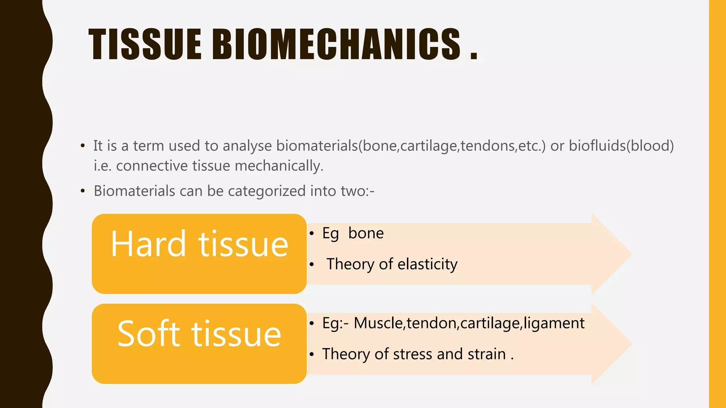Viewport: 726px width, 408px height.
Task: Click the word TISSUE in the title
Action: tap(145, 44)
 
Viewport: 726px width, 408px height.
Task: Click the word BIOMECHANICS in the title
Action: tap(336, 44)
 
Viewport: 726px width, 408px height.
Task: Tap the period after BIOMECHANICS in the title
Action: tap(474, 56)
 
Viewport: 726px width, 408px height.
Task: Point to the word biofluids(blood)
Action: tap(621, 146)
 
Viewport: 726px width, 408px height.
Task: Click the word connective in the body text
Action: tap(152, 166)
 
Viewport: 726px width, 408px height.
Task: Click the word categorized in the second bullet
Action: tap(267, 191)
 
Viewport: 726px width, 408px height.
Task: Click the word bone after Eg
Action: tap(366, 233)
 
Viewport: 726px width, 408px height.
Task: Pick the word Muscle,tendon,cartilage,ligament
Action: tap(469, 323)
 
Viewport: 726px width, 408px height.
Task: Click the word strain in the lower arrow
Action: tap(486, 354)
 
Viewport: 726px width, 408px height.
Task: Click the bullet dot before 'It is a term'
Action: tap(83, 146)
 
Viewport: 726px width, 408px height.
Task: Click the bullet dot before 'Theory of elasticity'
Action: tap(312, 265)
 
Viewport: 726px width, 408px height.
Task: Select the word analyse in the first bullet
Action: tap(247, 146)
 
